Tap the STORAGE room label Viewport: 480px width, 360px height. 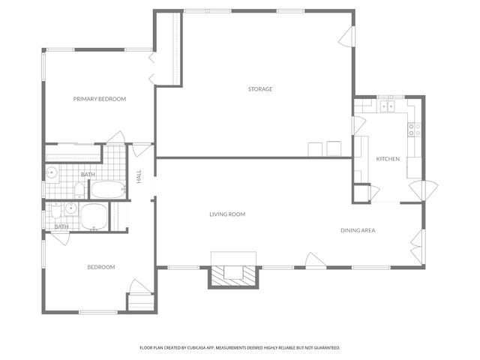click(x=260, y=89)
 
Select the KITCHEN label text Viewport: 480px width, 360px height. click(x=388, y=159)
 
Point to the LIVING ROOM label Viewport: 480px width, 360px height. click(x=227, y=214)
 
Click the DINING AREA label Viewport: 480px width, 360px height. click(x=358, y=230)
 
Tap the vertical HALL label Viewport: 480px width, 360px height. click(x=139, y=176)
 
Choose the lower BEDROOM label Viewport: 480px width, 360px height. click(x=101, y=267)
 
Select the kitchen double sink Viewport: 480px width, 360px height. click(x=387, y=107)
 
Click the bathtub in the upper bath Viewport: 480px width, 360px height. click(x=110, y=189)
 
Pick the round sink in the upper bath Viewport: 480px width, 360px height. click(x=52, y=174)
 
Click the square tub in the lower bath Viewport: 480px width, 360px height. click(x=95, y=217)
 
